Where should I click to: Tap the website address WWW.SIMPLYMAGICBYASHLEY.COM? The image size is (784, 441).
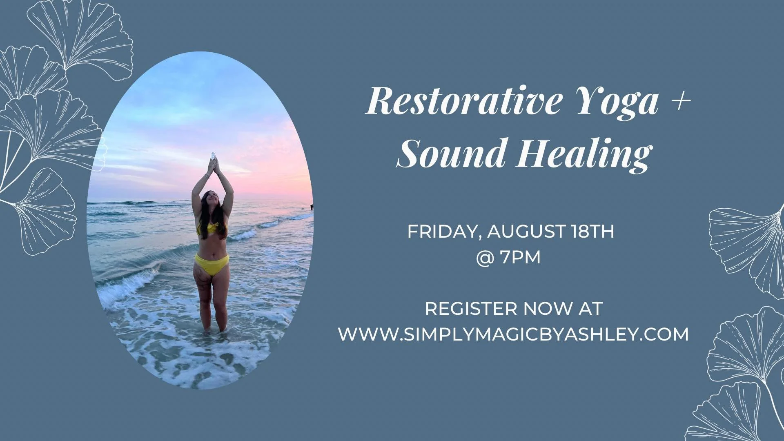513,334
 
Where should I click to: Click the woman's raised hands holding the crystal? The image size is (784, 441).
213,163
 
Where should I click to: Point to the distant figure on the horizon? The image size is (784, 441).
312,207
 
